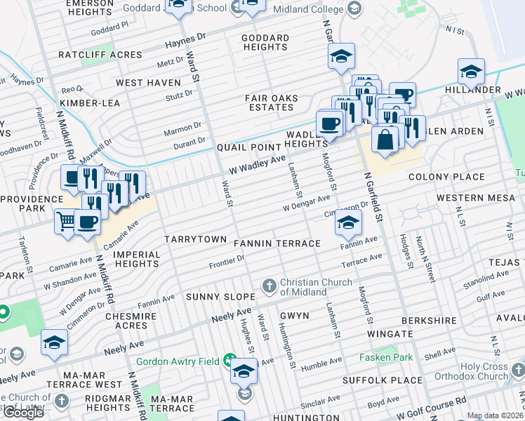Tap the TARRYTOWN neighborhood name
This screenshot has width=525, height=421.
point(195,239)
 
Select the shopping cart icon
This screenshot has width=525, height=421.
point(66,222)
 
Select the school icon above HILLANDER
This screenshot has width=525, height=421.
point(471,71)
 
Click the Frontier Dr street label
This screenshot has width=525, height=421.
point(227,262)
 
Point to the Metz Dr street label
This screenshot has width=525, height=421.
point(170,62)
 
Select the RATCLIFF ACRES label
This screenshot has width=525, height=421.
point(91,55)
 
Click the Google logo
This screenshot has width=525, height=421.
point(24,413)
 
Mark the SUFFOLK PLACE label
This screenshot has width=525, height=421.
point(383,380)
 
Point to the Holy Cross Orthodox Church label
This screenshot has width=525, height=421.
point(484,371)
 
